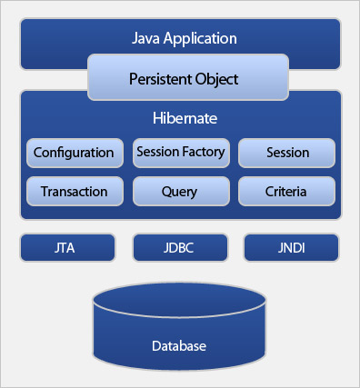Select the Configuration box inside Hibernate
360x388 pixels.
pyautogui.click(x=74, y=153)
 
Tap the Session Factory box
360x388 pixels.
pyautogui.click(x=181, y=153)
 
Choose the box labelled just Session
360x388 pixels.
pyautogui.click(x=287, y=153)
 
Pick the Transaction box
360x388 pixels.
pyautogui.click(x=74, y=192)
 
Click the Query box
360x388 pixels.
pyautogui.click(x=180, y=192)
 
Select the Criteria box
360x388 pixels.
pyautogui.click(x=287, y=192)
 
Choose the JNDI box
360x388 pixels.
pyautogui.click(x=291, y=246)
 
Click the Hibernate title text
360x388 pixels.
pyautogui.click(x=180, y=119)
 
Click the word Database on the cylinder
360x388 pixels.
pyautogui.click(x=180, y=346)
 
